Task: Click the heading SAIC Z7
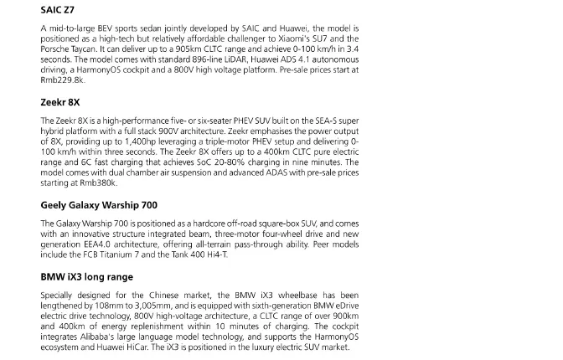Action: (58, 11)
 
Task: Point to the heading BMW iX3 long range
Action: (86, 276)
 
